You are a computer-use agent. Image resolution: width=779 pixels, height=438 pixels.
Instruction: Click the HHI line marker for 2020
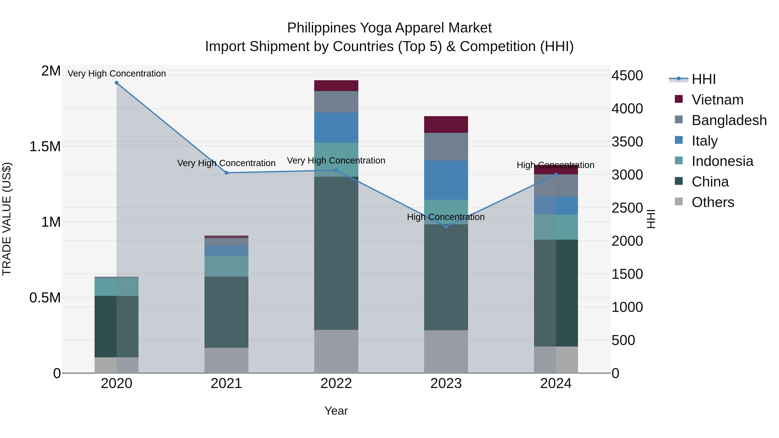coord(117,83)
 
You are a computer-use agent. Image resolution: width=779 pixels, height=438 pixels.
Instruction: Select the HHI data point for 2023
coord(446,226)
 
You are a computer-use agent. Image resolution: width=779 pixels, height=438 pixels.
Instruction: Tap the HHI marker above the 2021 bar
coord(227,173)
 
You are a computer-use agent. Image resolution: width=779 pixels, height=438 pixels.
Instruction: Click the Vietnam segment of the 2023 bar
coord(446,125)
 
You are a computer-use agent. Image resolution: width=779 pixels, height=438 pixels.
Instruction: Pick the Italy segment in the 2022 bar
coord(336,128)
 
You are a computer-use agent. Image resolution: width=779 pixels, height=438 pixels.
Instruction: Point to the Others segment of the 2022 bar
coord(336,351)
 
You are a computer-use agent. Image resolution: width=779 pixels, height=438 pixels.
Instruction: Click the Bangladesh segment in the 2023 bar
coord(446,147)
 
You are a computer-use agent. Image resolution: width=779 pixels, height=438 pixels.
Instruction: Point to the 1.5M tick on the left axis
coord(45,147)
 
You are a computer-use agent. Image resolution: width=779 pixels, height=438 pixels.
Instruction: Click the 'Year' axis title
coord(336,411)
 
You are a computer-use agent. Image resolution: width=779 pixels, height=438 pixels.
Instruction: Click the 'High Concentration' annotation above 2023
coord(446,217)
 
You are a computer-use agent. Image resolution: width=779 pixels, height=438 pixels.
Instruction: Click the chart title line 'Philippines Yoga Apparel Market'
coord(389,28)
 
